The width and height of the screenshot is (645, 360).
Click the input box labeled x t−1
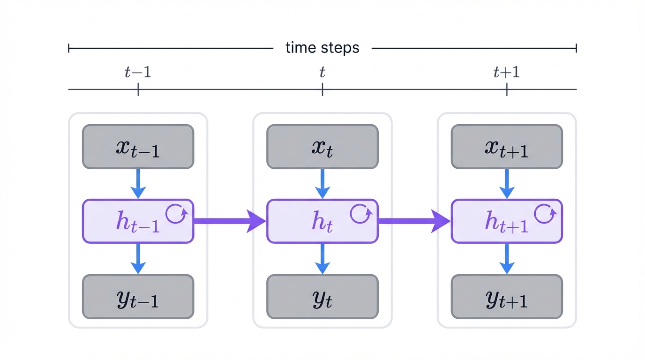pyautogui.click(x=138, y=147)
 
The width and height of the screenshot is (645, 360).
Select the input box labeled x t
pyautogui.click(x=322, y=147)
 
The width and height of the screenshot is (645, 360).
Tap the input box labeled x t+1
pyautogui.click(x=507, y=147)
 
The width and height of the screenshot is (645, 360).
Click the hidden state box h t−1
pyautogui.click(x=138, y=221)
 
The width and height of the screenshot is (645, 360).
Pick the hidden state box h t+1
pyautogui.click(x=507, y=221)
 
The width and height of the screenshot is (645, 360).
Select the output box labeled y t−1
pyautogui.click(x=138, y=297)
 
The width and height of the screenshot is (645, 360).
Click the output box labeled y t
pyautogui.click(x=322, y=297)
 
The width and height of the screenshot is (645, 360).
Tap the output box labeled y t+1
pyautogui.click(x=507, y=297)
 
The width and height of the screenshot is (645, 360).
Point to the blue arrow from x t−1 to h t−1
pyautogui.click(x=138, y=183)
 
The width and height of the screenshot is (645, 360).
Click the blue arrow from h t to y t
pyautogui.click(x=322, y=258)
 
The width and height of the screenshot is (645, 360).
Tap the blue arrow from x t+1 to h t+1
pyautogui.click(x=507, y=183)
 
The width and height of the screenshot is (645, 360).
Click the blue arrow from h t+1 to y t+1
pyautogui.click(x=507, y=258)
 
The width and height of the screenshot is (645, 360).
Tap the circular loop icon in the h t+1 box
pyautogui.click(x=545, y=214)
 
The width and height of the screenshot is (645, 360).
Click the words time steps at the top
pyautogui.click(x=322, y=48)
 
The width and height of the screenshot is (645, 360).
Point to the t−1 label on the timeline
pyautogui.click(x=138, y=72)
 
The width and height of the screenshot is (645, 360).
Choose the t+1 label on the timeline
pyautogui.click(x=507, y=72)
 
